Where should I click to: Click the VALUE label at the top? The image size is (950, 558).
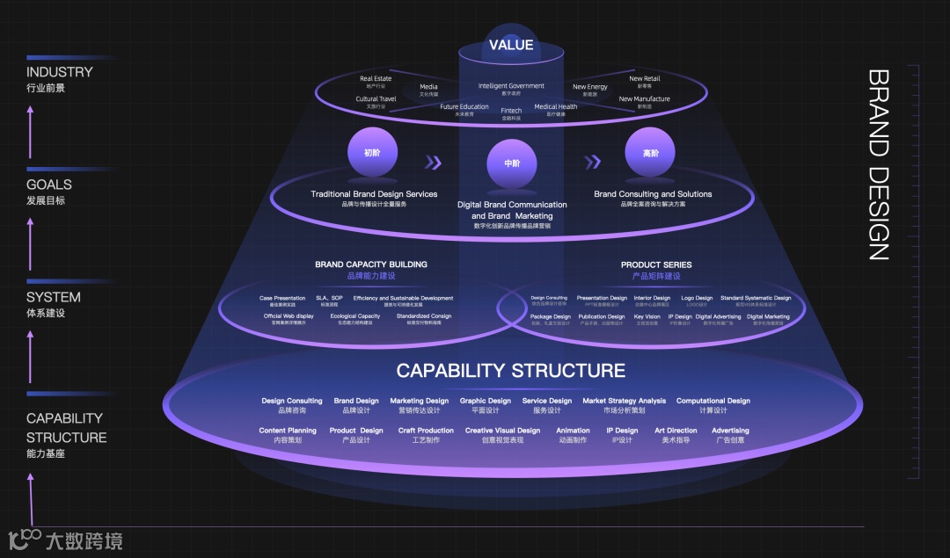point(511,45)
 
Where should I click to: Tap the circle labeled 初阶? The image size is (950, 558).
point(373,153)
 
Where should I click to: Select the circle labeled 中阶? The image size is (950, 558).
point(512,163)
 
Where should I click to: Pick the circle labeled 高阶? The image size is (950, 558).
point(650,153)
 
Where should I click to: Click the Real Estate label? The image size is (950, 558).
point(376,79)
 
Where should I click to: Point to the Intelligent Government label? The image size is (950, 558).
point(511,86)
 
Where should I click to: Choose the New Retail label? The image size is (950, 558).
point(644,79)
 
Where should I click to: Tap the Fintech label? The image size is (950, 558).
point(511,111)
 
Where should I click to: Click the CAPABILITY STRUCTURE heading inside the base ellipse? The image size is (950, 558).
point(510,370)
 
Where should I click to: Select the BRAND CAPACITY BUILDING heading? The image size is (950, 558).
point(371,265)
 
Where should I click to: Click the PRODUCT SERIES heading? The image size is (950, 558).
point(656,265)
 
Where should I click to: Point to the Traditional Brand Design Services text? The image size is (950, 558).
point(374,194)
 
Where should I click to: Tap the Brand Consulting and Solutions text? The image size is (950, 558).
point(653,194)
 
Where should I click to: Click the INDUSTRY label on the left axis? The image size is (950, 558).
point(59,72)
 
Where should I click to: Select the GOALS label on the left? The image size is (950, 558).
point(49,185)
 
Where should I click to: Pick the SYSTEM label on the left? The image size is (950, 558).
point(53,297)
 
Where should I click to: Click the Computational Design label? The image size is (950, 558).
point(712,401)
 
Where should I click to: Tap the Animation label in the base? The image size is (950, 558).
point(573,431)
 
